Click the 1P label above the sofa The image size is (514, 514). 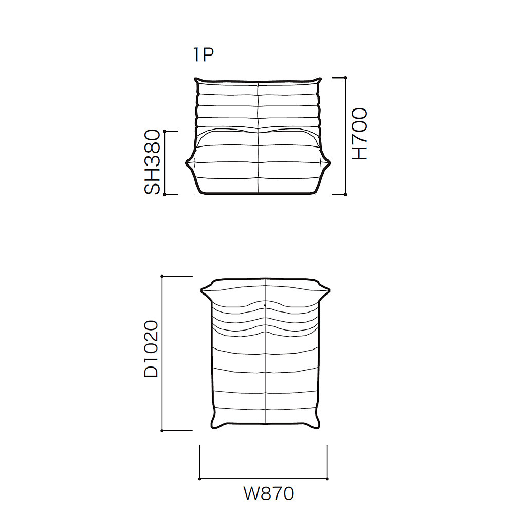pyautogui.click(x=204, y=55)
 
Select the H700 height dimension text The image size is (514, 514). pyautogui.click(x=360, y=134)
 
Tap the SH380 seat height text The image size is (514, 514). pyautogui.click(x=152, y=162)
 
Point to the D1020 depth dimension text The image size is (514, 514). pyautogui.click(x=151, y=349)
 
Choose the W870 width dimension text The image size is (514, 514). pyautogui.click(x=269, y=493)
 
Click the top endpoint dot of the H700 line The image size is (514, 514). pyautogui.click(x=345, y=78)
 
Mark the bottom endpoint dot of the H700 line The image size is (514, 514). pyautogui.click(x=345, y=194)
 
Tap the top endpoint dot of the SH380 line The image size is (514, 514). pyautogui.click(x=164, y=131)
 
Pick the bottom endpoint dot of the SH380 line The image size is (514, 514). pyautogui.click(x=164, y=194)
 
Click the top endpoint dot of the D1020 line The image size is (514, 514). pyautogui.click(x=162, y=277)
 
